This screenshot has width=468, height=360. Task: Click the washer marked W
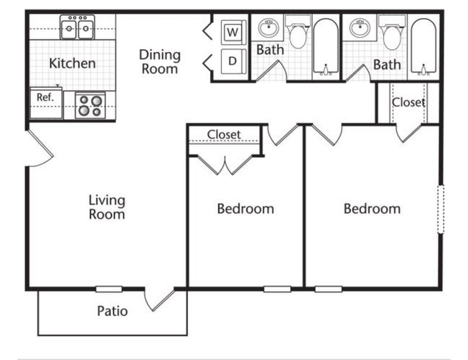tap(233, 32)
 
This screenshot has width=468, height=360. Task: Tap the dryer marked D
tap(233, 61)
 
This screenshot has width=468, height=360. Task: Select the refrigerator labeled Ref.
tap(46, 103)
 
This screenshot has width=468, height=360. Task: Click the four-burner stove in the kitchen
tap(91, 105)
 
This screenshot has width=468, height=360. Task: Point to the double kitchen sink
tap(77, 27)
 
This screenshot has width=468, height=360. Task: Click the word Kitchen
tap(72, 63)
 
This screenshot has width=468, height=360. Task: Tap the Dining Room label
tap(160, 62)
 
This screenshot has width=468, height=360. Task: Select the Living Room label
tap(107, 207)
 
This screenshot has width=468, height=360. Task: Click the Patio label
tap(112, 311)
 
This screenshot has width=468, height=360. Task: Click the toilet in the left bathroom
tap(298, 32)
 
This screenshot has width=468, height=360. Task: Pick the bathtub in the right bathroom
tap(424, 47)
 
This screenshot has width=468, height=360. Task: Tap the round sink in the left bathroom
tap(269, 28)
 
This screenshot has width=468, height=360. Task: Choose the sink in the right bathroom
tap(360, 28)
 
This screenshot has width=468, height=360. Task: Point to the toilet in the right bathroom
tap(392, 33)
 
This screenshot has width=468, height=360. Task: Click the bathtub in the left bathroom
tap(326, 47)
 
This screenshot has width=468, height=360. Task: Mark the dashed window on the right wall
tap(441, 209)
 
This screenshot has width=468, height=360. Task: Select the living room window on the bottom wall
tap(109, 289)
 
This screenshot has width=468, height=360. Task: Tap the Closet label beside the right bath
tap(408, 102)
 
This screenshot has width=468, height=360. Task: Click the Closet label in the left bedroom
tap(224, 134)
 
